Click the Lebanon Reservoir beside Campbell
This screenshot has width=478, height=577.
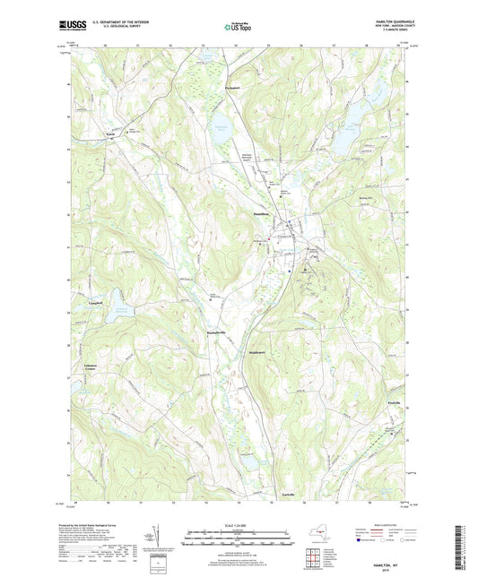point(117,311)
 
